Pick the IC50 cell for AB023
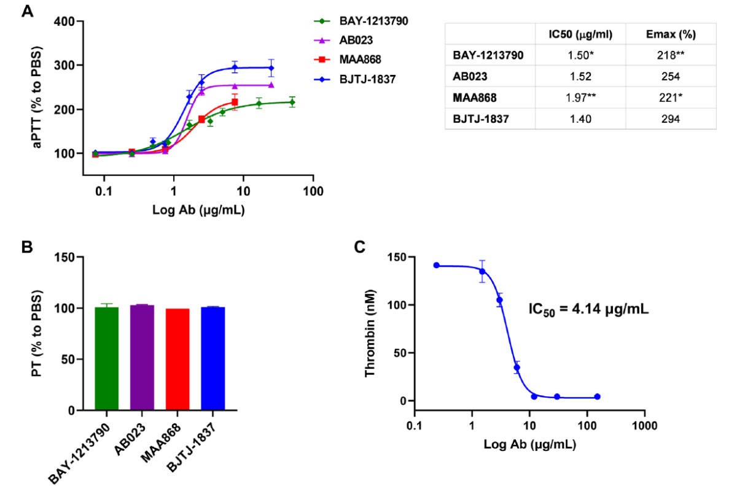tap(580, 76)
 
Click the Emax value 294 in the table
tap(671, 119)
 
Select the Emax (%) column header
tap(671, 33)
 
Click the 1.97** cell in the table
tap(580, 98)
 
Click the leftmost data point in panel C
tap(437, 265)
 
